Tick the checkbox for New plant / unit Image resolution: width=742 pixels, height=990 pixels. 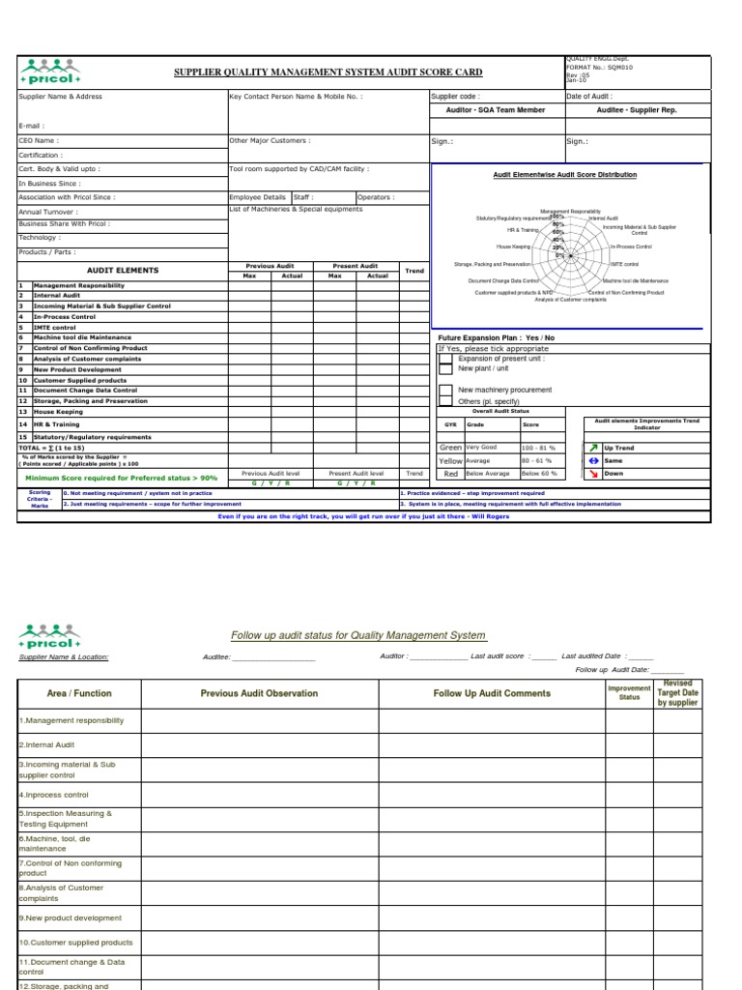point(445,368)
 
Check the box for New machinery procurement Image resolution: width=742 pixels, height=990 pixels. point(445,391)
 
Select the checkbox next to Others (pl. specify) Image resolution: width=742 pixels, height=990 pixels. point(445,401)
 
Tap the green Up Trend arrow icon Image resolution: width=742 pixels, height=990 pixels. point(593,448)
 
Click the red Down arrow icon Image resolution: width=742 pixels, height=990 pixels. point(593,474)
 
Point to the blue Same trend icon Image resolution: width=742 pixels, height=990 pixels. point(593,461)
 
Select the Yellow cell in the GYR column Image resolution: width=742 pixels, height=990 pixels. point(450,461)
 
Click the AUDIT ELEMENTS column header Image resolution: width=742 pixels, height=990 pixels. point(123,271)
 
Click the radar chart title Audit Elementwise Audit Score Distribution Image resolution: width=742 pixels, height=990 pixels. point(564,175)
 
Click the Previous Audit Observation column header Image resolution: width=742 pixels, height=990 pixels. point(259,693)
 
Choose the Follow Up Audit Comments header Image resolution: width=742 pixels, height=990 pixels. point(491,693)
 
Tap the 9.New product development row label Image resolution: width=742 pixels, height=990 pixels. point(71,918)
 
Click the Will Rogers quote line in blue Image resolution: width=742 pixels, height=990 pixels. point(365,516)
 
